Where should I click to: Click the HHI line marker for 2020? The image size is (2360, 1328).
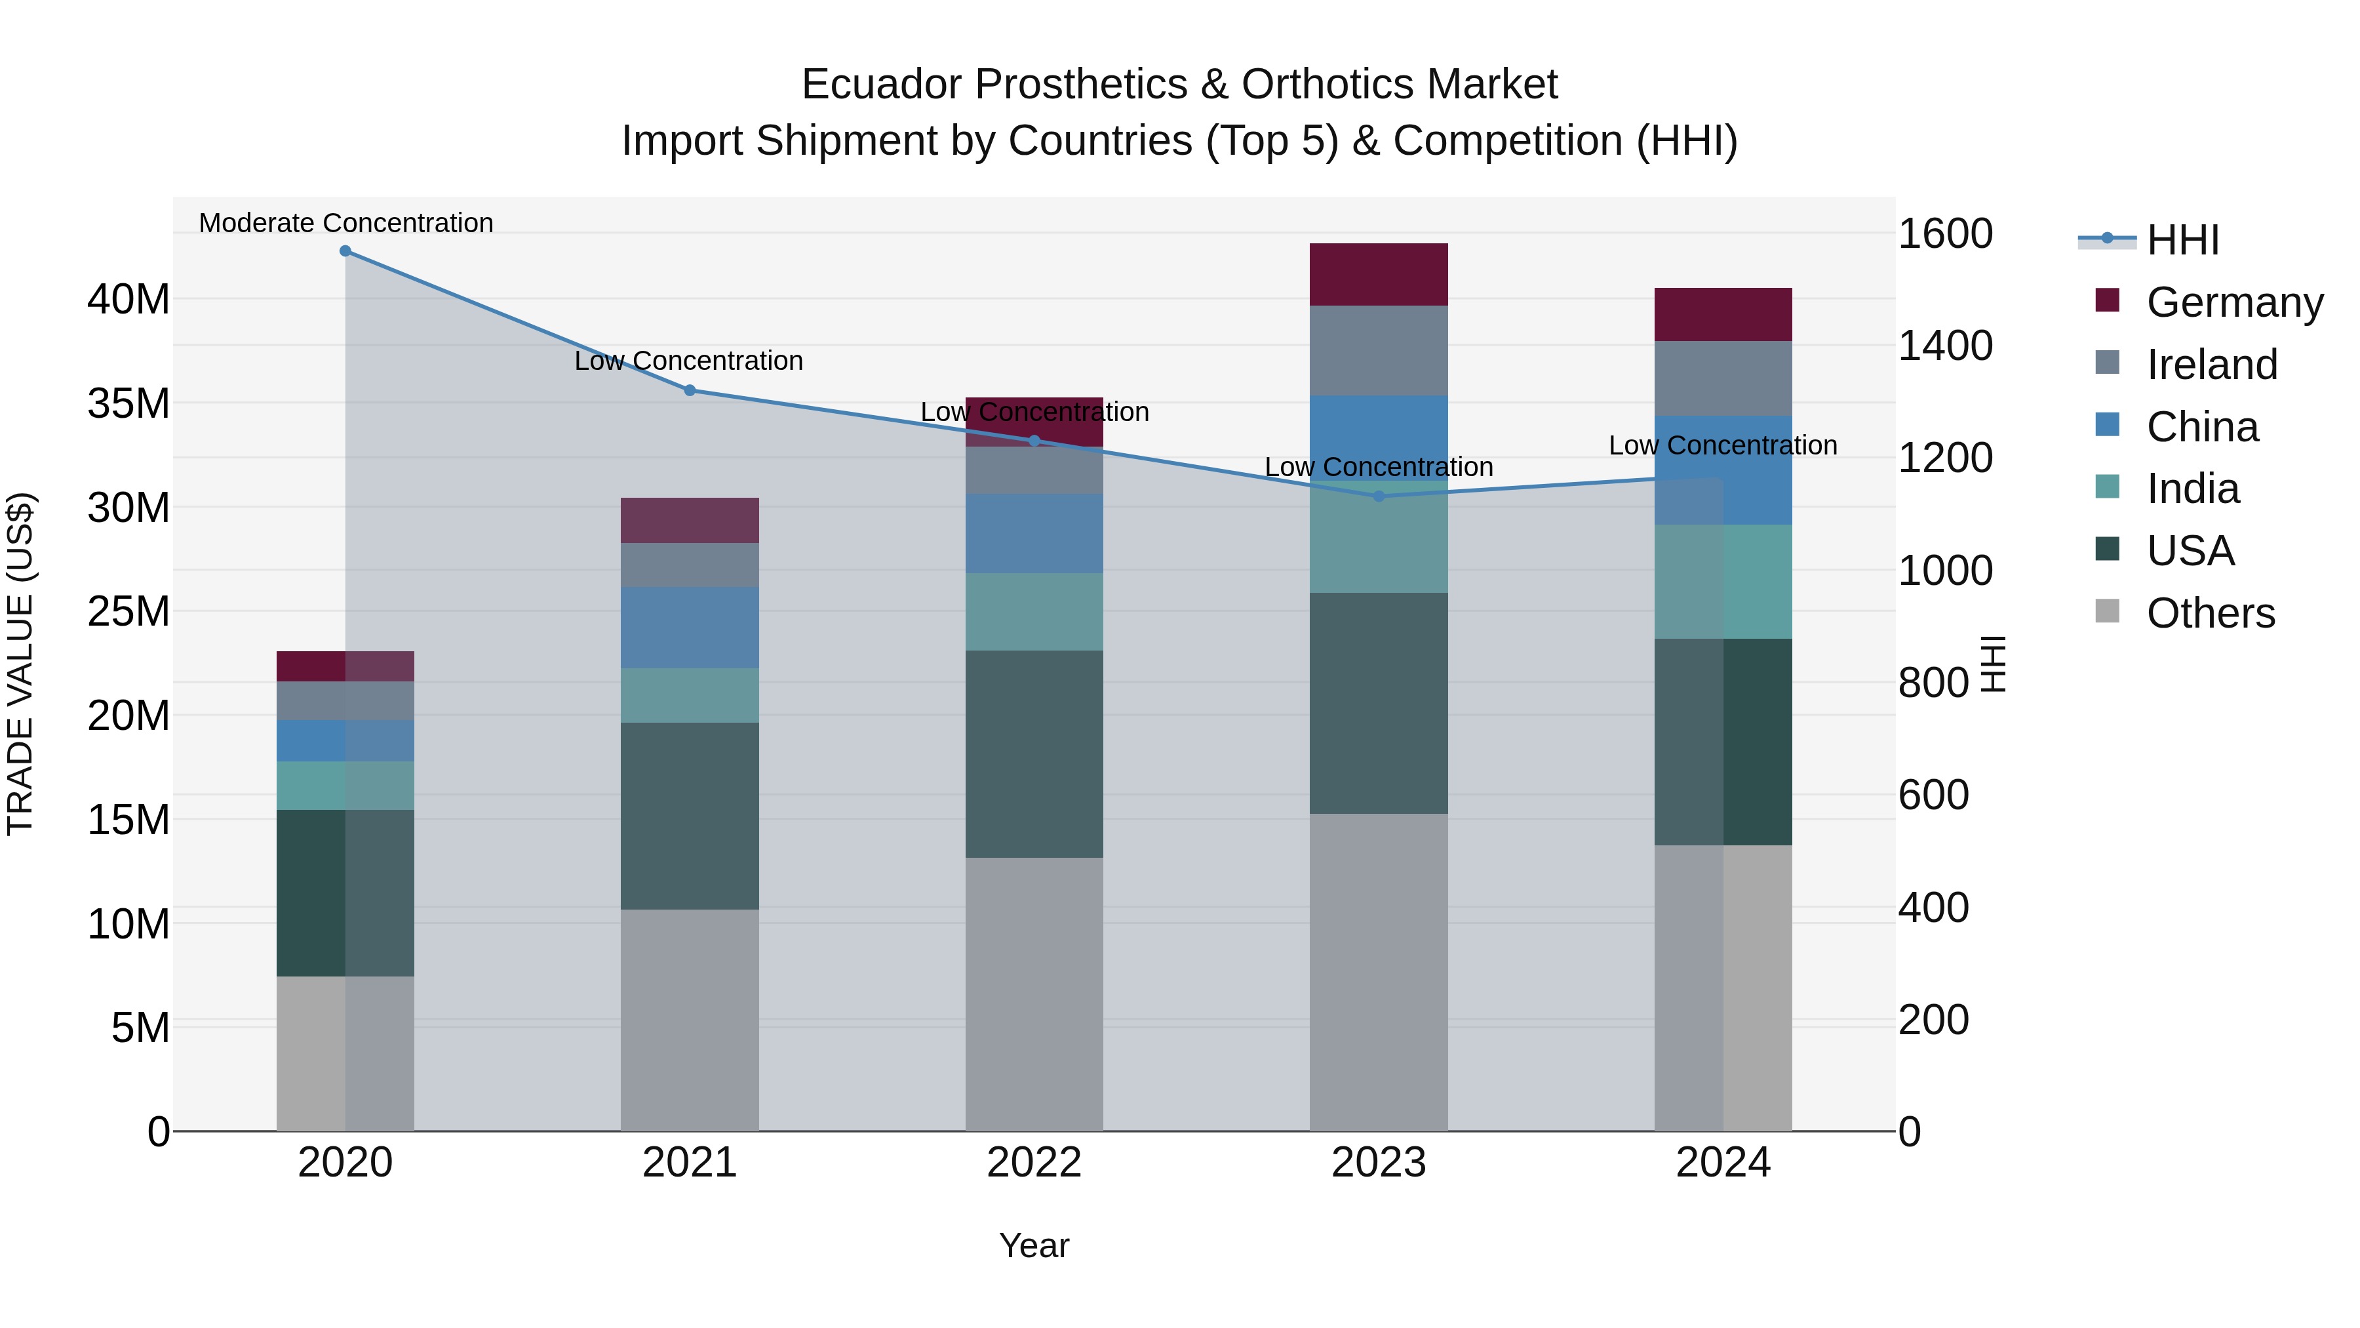[345, 251]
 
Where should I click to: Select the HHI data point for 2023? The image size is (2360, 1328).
[1379, 496]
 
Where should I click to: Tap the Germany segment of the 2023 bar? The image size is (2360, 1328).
[1379, 274]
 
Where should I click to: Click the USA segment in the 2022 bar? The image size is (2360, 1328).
[1034, 754]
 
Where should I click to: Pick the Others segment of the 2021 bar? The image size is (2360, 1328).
[690, 1019]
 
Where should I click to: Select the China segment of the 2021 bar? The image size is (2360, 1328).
[690, 627]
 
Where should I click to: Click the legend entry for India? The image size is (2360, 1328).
[2192, 489]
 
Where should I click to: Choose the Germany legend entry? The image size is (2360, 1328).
[2233, 302]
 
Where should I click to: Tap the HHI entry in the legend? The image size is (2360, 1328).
[2182, 240]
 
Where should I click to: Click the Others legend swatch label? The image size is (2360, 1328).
[2210, 613]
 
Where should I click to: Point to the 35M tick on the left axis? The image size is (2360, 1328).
[128, 403]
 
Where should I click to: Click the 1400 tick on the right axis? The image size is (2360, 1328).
[1944, 346]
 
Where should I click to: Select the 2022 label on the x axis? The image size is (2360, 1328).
[1034, 1163]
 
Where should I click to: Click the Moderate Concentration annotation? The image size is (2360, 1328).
[345, 223]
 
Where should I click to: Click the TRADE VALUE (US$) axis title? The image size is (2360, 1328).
[21, 664]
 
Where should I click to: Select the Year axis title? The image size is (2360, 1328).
[1034, 1245]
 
